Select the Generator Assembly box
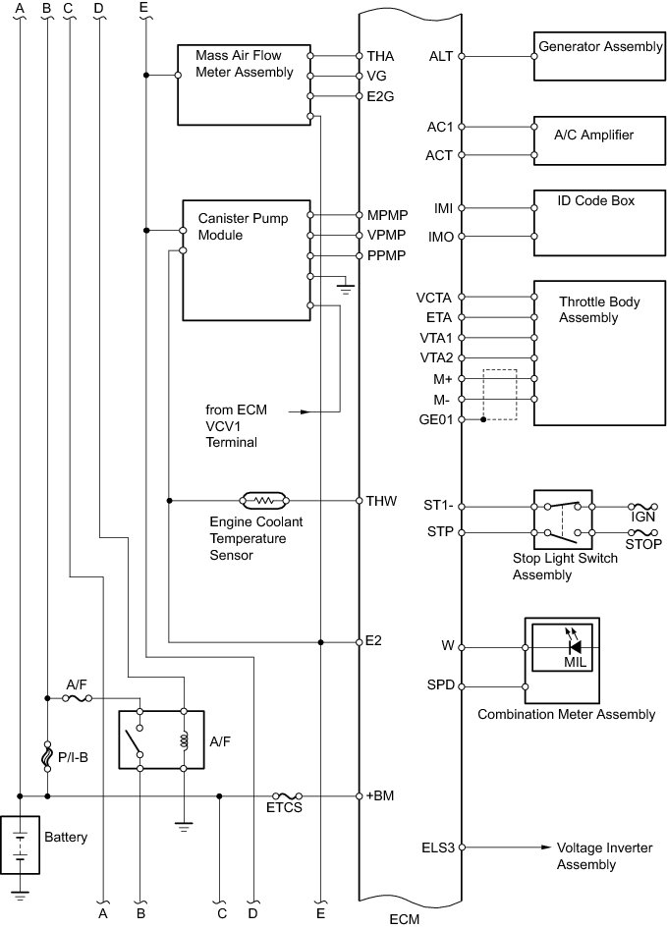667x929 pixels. (597, 57)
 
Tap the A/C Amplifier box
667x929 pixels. (597, 139)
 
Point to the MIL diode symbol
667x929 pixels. (575, 647)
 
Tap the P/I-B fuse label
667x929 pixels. (72, 757)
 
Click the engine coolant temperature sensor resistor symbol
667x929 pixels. (263, 500)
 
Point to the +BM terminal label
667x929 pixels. (380, 795)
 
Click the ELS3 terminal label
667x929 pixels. (438, 846)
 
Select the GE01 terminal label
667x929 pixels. (436, 419)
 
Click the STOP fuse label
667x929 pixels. (643, 543)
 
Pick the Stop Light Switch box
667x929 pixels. (561, 519)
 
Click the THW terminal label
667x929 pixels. (380, 501)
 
